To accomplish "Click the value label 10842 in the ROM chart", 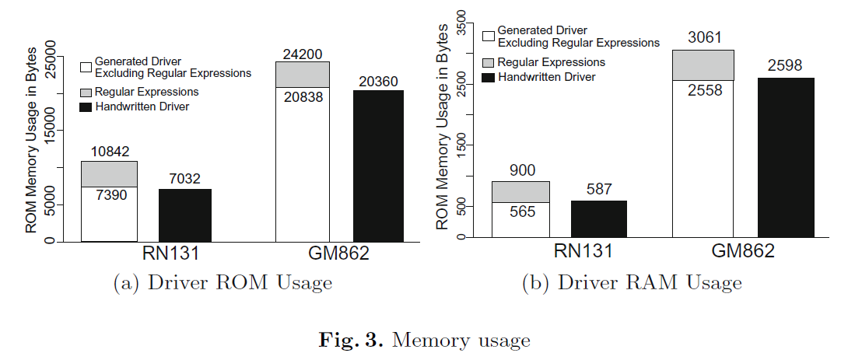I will (109, 152).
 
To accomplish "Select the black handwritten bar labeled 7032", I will (185, 215).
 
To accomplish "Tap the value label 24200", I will (303, 53).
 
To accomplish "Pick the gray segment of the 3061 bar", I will (703, 65).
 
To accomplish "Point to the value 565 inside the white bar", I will (520, 211).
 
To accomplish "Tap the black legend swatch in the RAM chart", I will (489, 77).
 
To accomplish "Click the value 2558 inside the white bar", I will (703, 90).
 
